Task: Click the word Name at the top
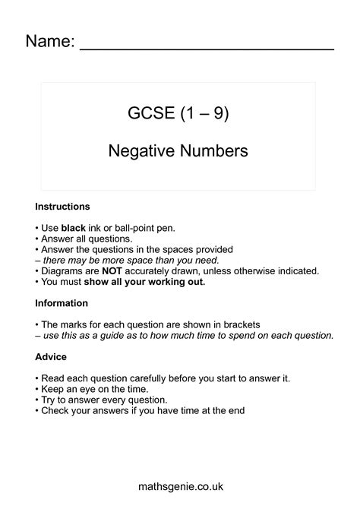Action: click(49, 41)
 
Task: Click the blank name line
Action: click(207, 47)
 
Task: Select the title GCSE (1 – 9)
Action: click(178, 115)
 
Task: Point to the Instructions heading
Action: click(63, 207)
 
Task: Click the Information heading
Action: click(62, 302)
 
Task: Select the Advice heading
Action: click(51, 356)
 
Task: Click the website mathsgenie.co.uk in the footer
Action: click(179, 486)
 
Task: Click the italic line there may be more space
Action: click(127, 260)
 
